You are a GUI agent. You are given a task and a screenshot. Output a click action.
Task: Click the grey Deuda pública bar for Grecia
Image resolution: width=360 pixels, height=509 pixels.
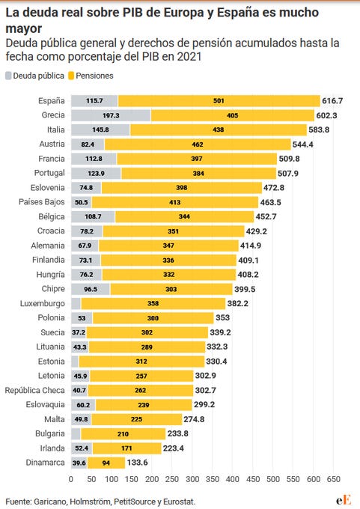click(111, 115)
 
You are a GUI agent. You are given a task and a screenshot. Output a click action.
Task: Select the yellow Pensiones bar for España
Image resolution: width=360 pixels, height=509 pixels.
click(219, 100)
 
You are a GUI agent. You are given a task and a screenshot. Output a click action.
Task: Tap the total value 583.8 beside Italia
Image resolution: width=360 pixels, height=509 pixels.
click(319, 129)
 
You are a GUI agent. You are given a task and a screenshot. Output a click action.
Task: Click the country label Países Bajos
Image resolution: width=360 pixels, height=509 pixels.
click(42, 202)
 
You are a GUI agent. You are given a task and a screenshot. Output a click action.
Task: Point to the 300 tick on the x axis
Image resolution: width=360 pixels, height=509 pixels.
click(192, 479)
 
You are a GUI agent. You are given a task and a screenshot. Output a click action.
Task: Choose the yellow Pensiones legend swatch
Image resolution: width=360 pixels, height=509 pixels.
click(71, 76)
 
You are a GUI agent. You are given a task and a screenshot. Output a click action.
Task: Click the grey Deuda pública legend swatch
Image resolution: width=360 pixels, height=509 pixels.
click(8, 76)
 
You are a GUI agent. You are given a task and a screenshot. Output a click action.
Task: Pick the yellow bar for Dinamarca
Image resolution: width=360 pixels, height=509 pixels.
click(106, 463)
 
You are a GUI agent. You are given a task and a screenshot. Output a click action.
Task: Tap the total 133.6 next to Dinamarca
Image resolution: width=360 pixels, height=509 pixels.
click(137, 463)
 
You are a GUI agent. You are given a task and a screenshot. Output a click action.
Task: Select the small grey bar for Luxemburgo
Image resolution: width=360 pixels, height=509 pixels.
click(76, 303)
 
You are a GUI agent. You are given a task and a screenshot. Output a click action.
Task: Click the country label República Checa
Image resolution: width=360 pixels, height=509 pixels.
click(34, 390)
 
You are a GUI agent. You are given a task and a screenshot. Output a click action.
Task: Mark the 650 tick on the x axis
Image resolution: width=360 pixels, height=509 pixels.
click(333, 479)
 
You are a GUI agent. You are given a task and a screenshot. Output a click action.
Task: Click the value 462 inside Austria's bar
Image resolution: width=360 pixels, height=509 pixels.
click(198, 144)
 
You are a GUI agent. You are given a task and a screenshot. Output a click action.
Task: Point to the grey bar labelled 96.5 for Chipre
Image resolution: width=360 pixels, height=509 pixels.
click(91, 289)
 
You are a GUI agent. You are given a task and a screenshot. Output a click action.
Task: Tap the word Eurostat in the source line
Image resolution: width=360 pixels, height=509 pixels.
click(179, 502)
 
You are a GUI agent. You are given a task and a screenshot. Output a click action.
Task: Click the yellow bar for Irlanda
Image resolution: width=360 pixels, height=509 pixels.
click(127, 448)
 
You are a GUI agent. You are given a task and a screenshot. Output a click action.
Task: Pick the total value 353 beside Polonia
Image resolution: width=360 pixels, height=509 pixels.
click(223, 317)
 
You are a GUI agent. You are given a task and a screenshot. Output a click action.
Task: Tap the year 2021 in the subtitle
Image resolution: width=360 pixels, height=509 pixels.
click(189, 56)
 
